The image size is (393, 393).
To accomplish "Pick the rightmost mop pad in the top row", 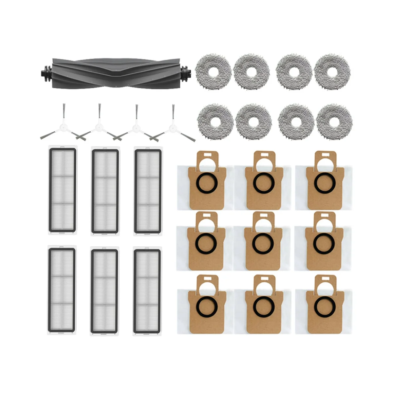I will [332, 71].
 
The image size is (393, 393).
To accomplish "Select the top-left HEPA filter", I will [62, 191].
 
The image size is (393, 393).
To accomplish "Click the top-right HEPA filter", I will [147, 191].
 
